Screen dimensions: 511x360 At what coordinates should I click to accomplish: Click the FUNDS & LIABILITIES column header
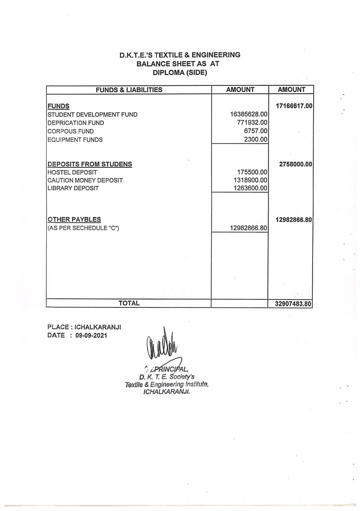coord(129,90)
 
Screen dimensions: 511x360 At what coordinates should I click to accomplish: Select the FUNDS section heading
coord(58,106)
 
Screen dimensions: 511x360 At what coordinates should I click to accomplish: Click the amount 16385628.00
coord(249,114)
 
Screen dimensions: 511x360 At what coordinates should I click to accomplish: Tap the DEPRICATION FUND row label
coord(76,123)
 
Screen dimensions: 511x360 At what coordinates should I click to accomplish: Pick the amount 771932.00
coord(252,122)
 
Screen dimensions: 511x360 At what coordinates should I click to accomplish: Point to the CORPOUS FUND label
coord(71,131)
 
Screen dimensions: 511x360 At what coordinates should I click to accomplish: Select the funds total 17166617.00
coord(293,106)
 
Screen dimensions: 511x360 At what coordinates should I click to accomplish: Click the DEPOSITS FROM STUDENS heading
coord(90,164)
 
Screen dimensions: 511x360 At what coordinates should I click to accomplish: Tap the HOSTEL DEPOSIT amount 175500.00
coord(252,172)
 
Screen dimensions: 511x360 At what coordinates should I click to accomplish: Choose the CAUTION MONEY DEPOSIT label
coord(85,180)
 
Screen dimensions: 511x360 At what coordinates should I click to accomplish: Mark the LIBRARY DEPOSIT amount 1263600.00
coord(251,188)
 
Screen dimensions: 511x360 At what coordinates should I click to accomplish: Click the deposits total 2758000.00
coord(296,164)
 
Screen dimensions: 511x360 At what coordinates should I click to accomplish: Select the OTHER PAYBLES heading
coord(74,220)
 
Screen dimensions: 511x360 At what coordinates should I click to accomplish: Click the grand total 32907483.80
coord(293,304)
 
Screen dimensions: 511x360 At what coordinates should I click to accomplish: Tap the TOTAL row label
coord(129,303)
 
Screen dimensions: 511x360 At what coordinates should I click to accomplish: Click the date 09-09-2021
coord(92,335)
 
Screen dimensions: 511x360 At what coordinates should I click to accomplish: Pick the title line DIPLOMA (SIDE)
coord(180,72)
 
